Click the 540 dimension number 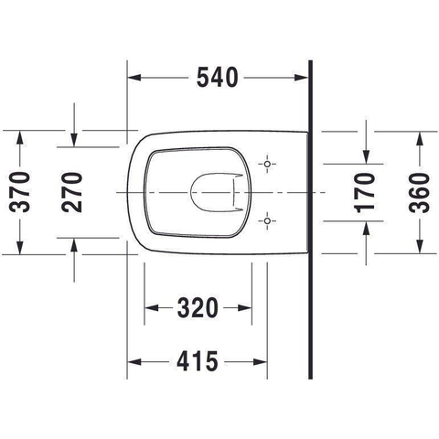click(217, 78)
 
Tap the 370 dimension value click(20, 192)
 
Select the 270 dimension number click(72, 192)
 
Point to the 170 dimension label click(365, 192)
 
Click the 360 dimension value click(420, 192)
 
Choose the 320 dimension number click(198, 307)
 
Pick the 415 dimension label click(198, 361)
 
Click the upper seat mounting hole click(267, 164)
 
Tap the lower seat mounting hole click(267, 220)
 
